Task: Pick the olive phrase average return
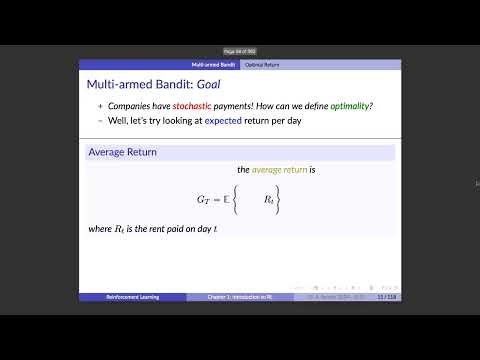(282, 170)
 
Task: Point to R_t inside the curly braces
(270, 201)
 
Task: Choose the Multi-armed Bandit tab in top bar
(211, 64)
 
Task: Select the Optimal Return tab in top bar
(263, 64)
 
